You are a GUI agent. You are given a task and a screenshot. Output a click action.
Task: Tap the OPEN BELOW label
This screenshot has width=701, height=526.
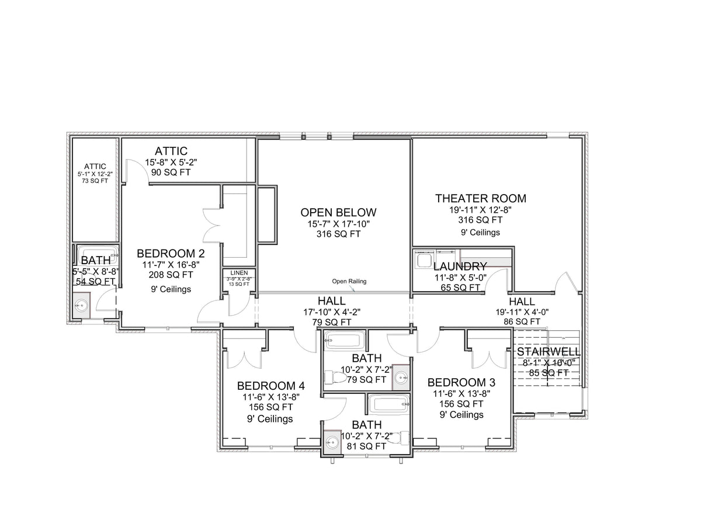click(338, 212)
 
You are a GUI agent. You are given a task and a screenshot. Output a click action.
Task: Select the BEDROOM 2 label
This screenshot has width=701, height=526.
click(171, 253)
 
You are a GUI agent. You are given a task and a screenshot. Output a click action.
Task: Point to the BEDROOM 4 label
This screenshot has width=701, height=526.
click(270, 386)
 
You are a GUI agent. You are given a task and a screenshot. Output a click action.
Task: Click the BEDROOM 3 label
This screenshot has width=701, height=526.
click(461, 382)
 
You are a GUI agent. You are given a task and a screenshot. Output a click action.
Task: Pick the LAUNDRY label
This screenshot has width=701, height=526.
click(460, 267)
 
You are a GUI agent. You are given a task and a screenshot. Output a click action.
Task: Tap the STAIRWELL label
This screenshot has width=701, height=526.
click(548, 352)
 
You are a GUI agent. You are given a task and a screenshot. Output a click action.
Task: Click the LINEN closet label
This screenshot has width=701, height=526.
click(239, 273)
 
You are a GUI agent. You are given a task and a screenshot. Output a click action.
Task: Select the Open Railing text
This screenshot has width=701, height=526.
click(349, 281)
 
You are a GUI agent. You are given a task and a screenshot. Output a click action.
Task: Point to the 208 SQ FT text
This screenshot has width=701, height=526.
click(171, 274)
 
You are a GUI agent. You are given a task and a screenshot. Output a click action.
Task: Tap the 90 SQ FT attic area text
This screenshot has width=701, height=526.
click(171, 172)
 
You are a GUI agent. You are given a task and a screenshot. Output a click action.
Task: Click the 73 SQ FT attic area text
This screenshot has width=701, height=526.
click(95, 181)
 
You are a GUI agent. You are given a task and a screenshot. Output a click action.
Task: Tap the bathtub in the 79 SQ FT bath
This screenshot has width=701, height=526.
click(345, 340)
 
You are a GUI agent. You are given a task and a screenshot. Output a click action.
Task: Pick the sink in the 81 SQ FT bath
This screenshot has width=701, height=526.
click(332, 442)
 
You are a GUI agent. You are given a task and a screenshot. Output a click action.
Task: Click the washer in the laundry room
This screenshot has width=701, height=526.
click(422, 259)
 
